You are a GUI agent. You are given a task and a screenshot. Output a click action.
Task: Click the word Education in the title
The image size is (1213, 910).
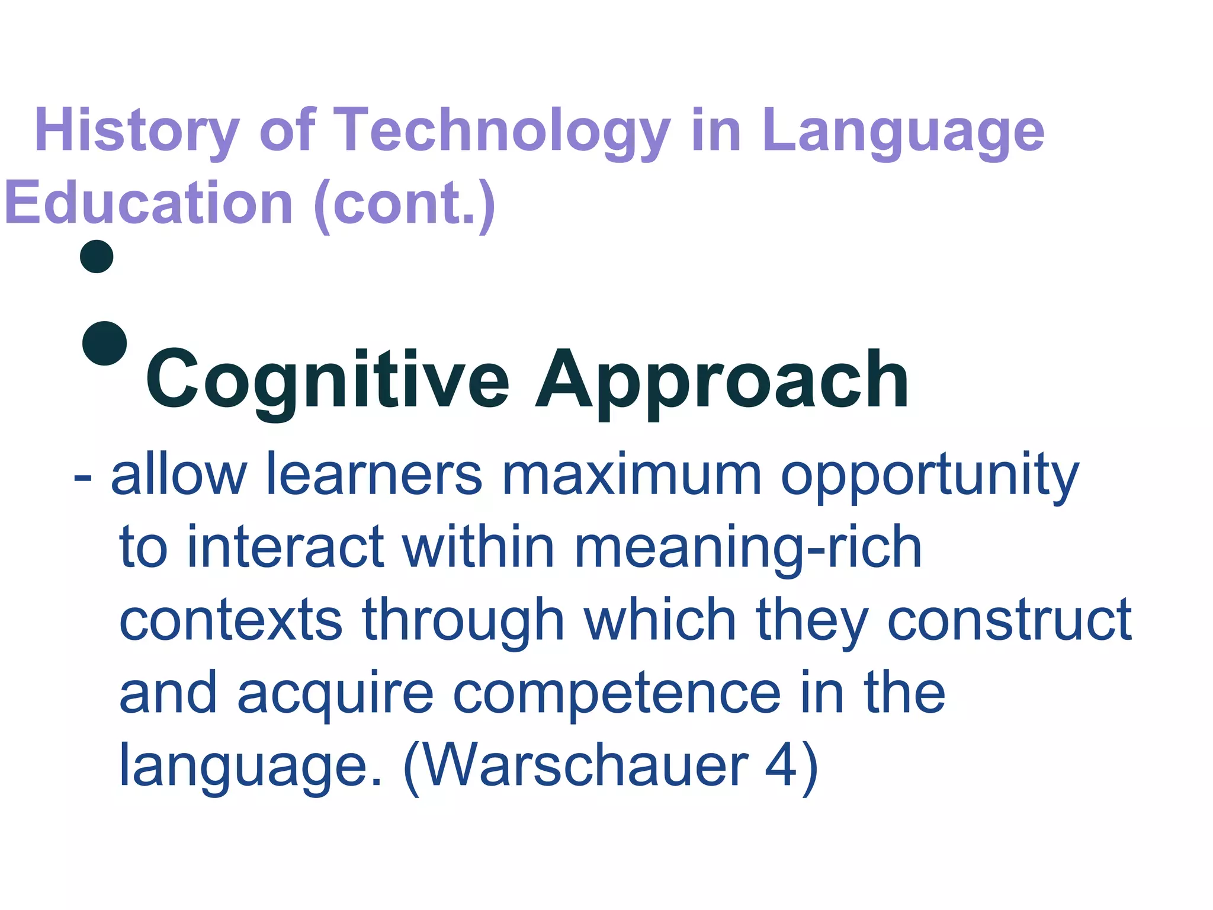coord(148,203)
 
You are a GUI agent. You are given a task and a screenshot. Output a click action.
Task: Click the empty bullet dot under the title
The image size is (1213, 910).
coord(97,257)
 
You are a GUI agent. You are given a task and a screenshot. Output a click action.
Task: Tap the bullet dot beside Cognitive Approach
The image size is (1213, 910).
coord(105,343)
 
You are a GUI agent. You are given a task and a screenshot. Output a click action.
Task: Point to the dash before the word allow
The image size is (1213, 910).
coord(82,477)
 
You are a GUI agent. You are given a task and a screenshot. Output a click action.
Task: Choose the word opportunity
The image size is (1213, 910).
coord(930,477)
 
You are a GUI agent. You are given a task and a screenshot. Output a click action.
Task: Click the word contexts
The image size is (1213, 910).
coord(231,620)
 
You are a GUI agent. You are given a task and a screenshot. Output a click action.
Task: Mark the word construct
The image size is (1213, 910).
coord(1009,620)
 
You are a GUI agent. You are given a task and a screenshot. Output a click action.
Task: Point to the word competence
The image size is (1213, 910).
coord(617,693)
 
